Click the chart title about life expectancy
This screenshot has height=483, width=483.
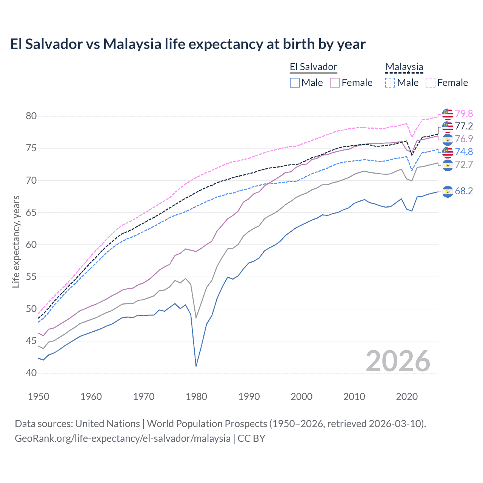point(188,44)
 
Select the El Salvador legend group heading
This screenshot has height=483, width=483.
point(313,67)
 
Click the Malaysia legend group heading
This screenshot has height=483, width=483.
point(404,67)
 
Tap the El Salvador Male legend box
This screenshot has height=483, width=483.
point(295,83)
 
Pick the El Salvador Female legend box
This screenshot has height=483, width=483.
point(335,83)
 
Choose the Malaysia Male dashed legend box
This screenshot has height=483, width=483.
point(390,83)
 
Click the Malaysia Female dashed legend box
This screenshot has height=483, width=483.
point(431,83)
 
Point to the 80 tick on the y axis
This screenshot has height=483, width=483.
point(31,116)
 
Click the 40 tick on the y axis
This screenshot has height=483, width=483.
point(31,373)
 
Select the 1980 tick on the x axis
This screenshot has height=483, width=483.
point(196,397)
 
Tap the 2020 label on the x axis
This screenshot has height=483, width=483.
point(407,397)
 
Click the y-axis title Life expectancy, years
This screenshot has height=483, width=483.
point(16,241)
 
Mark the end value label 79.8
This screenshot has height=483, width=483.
point(464,114)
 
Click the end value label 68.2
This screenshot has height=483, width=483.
point(464,191)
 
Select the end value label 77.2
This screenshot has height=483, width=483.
point(464,126)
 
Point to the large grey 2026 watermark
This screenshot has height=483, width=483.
point(398,361)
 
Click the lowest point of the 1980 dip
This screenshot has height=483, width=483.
point(196,366)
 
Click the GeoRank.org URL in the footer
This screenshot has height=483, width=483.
point(123,438)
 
